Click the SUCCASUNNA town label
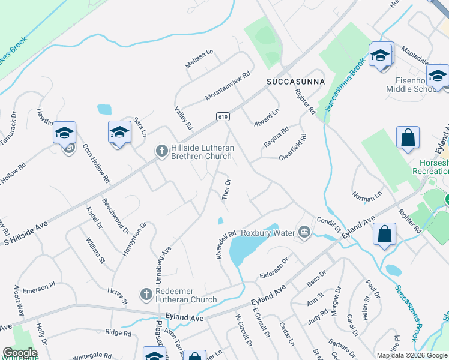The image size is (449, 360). coord(296,81)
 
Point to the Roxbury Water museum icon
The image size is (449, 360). coord(304,232)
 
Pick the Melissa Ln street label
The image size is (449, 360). coord(200,59)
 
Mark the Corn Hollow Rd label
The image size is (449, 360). coord(97,163)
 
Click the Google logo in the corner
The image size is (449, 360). coord(20,353)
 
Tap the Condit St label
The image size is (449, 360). coord(328,224)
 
